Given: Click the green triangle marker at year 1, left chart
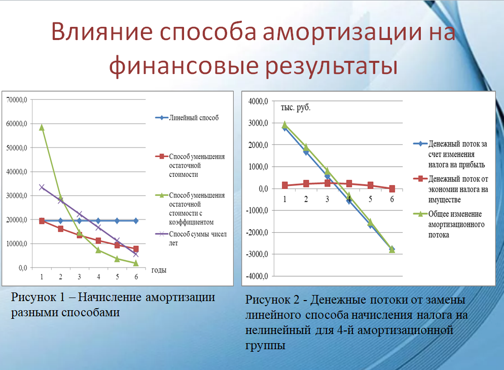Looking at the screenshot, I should pyautogui.click(x=42, y=128).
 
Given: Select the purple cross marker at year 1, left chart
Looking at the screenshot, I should pyautogui.click(x=42, y=188).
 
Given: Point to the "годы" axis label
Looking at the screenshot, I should pyautogui.click(x=159, y=270).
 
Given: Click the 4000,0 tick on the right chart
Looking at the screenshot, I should pyautogui.click(x=258, y=102).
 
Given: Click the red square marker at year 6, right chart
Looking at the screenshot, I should pyautogui.click(x=391, y=189).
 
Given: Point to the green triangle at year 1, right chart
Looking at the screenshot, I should pyautogui.click(x=284, y=124).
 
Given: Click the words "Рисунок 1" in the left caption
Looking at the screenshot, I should pyautogui.click(x=35, y=298).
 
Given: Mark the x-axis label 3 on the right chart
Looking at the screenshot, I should pyautogui.click(x=327, y=199).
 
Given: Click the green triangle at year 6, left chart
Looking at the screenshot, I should pyautogui.click(x=136, y=263).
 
